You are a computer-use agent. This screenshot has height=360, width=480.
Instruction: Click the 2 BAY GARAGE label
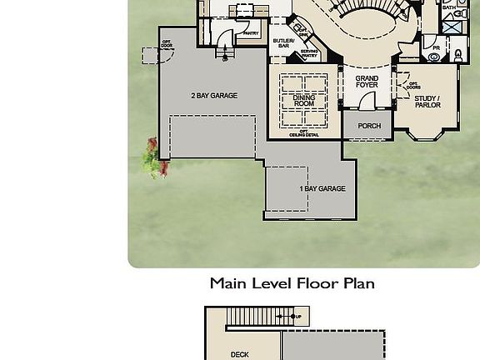coord(214,96)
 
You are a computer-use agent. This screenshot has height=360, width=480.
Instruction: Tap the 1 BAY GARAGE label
coord(322,189)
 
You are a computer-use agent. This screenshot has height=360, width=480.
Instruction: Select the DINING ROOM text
coord(304,101)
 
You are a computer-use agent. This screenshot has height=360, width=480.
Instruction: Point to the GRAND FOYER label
coord(367,82)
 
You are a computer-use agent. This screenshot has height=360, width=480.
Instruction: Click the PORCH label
coord(369,126)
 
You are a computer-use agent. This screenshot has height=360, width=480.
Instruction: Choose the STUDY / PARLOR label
coord(427,102)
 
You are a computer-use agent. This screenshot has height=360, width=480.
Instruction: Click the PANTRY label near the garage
coord(250,33)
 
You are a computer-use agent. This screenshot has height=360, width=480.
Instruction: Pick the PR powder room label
coord(436,48)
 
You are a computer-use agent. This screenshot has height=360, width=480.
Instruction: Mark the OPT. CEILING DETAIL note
coord(304,133)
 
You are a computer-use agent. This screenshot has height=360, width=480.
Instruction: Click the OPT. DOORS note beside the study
coord(413,85)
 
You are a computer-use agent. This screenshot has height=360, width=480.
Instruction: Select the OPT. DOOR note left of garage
coord(167,43)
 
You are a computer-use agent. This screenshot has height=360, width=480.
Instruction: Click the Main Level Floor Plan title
coord(292,283)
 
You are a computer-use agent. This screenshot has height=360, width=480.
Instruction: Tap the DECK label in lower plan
coord(239,354)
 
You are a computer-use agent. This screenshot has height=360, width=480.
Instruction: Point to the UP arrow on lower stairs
coord(298,317)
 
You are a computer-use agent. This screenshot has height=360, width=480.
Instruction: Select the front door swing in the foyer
coord(367,101)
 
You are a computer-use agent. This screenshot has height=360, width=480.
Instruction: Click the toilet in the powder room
coord(457,56)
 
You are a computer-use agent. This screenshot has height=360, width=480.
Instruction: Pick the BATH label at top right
coord(449,7)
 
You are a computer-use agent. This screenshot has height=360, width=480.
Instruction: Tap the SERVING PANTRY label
coord(309,52)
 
